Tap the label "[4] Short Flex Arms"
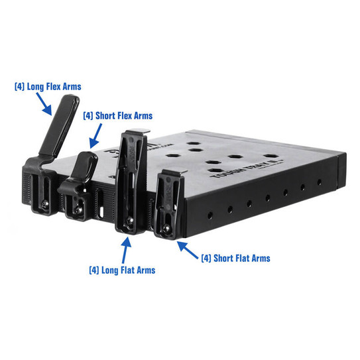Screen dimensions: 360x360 (x=118, y=115)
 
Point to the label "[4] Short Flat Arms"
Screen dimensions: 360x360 (x=235, y=258)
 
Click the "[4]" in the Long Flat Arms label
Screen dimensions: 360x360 (x=94, y=270)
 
